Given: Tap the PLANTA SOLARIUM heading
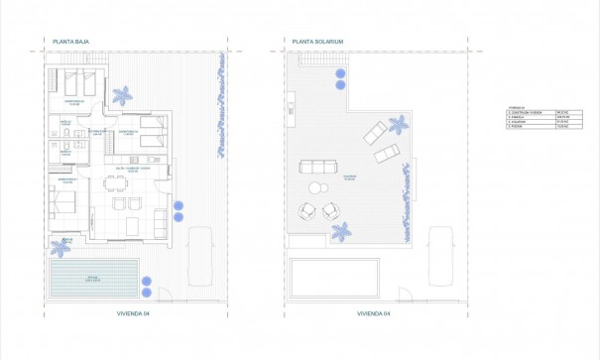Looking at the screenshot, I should (316, 42).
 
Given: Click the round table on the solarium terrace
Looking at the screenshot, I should (316, 187).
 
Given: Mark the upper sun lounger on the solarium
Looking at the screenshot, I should (376, 132).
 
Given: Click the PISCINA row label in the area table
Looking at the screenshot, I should (517, 128).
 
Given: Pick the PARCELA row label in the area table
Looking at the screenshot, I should (517, 117).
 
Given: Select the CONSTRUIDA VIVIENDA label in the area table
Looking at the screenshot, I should (524, 112).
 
